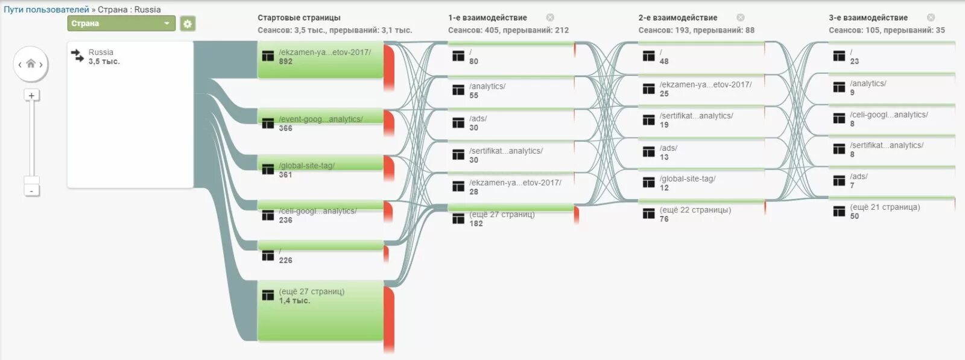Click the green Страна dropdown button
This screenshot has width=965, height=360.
pyautogui.click(x=121, y=24)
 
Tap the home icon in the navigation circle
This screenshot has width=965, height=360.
pyautogui.click(x=31, y=64)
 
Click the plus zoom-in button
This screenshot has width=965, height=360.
pyautogui.click(x=31, y=95)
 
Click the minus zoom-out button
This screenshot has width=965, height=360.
pyautogui.click(x=31, y=191)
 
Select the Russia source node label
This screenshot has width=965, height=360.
pyautogui.click(x=101, y=52)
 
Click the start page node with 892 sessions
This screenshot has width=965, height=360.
pyautogui.click(x=320, y=60)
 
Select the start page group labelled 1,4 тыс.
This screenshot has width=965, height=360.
pyautogui.click(x=320, y=310)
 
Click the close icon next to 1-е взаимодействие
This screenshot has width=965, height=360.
pyautogui.click(x=550, y=17)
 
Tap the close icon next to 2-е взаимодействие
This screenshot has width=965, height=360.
pyautogui.click(x=741, y=17)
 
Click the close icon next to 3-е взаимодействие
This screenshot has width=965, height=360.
pyautogui.click(x=931, y=17)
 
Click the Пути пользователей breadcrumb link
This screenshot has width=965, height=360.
pyautogui.click(x=46, y=10)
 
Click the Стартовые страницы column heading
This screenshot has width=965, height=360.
pyautogui.click(x=299, y=17)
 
